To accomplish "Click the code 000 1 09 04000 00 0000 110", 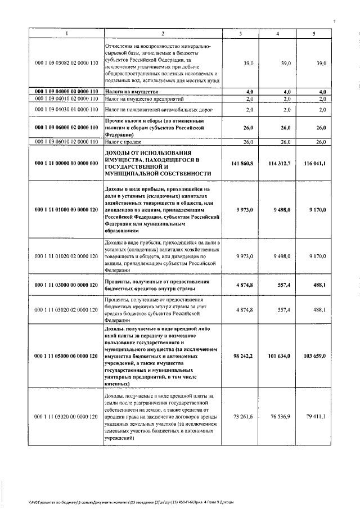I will pos(66,91).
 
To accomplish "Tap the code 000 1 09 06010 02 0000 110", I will pos(66,142).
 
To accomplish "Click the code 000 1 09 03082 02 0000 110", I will pos(66,64).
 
